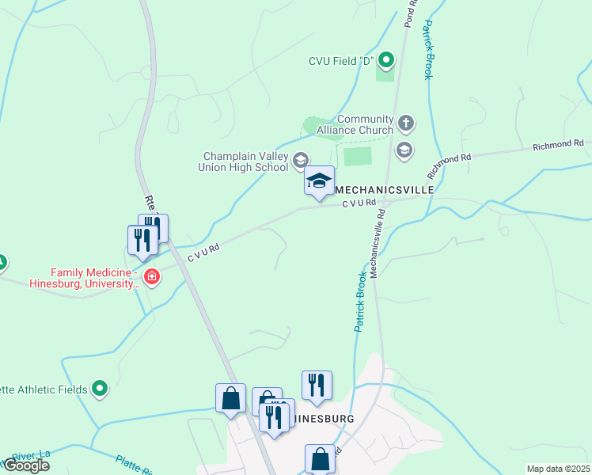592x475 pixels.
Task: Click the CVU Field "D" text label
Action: point(341,61)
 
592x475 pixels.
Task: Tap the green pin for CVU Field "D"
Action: point(386,59)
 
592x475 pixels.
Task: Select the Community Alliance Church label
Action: point(355,125)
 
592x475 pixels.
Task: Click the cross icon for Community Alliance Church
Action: point(405,123)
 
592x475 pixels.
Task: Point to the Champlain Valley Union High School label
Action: point(245,161)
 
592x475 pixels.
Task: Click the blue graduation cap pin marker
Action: point(320,181)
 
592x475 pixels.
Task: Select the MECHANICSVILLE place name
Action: point(385,191)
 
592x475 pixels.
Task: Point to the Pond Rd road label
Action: point(410,13)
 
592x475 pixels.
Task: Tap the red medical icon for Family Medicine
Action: point(151,277)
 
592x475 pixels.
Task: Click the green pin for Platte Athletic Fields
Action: point(100,388)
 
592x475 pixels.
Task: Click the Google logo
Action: point(25,465)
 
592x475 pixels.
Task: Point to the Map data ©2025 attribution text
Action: point(558,469)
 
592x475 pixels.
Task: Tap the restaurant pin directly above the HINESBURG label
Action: point(317,385)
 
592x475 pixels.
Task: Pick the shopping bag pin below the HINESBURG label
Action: point(320,458)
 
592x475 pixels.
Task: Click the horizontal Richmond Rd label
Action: point(557,145)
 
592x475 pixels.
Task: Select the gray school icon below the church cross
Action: point(404,150)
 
